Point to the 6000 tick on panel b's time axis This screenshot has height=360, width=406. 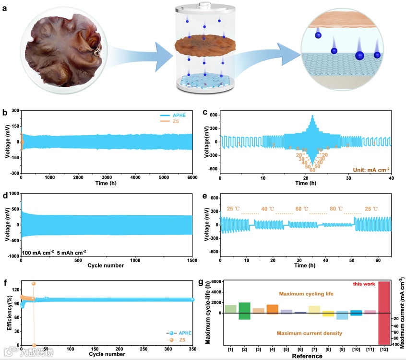(x=192, y=177)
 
